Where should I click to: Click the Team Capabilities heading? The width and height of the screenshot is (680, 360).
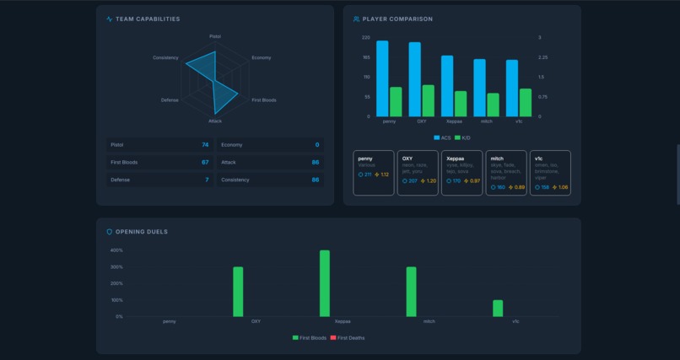click(x=147, y=19)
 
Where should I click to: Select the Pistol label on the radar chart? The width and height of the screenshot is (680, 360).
click(x=215, y=36)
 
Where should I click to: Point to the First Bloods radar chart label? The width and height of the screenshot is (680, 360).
click(x=264, y=100)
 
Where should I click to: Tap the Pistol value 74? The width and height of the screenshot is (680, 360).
click(x=205, y=145)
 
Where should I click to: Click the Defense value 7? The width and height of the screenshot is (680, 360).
click(x=207, y=180)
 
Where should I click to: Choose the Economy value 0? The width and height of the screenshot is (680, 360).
click(x=317, y=145)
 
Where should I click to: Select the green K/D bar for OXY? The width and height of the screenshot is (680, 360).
click(x=429, y=100)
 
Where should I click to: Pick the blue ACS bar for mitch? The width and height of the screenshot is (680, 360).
click(x=479, y=88)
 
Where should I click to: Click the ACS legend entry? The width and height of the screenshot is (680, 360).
click(x=442, y=137)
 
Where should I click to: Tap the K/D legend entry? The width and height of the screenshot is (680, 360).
click(x=462, y=137)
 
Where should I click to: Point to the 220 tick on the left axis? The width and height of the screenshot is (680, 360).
click(x=365, y=38)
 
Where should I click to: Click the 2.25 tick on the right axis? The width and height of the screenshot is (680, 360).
click(x=542, y=57)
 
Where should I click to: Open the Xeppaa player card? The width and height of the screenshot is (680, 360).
click(x=461, y=173)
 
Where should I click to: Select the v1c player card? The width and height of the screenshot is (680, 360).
click(x=550, y=173)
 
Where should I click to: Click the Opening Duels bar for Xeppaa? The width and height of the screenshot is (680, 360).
click(x=325, y=283)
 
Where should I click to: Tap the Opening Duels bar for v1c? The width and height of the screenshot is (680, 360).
click(x=498, y=308)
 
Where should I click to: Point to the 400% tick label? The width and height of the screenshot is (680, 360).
click(x=116, y=250)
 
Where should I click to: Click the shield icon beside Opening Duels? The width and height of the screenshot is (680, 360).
click(x=109, y=232)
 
